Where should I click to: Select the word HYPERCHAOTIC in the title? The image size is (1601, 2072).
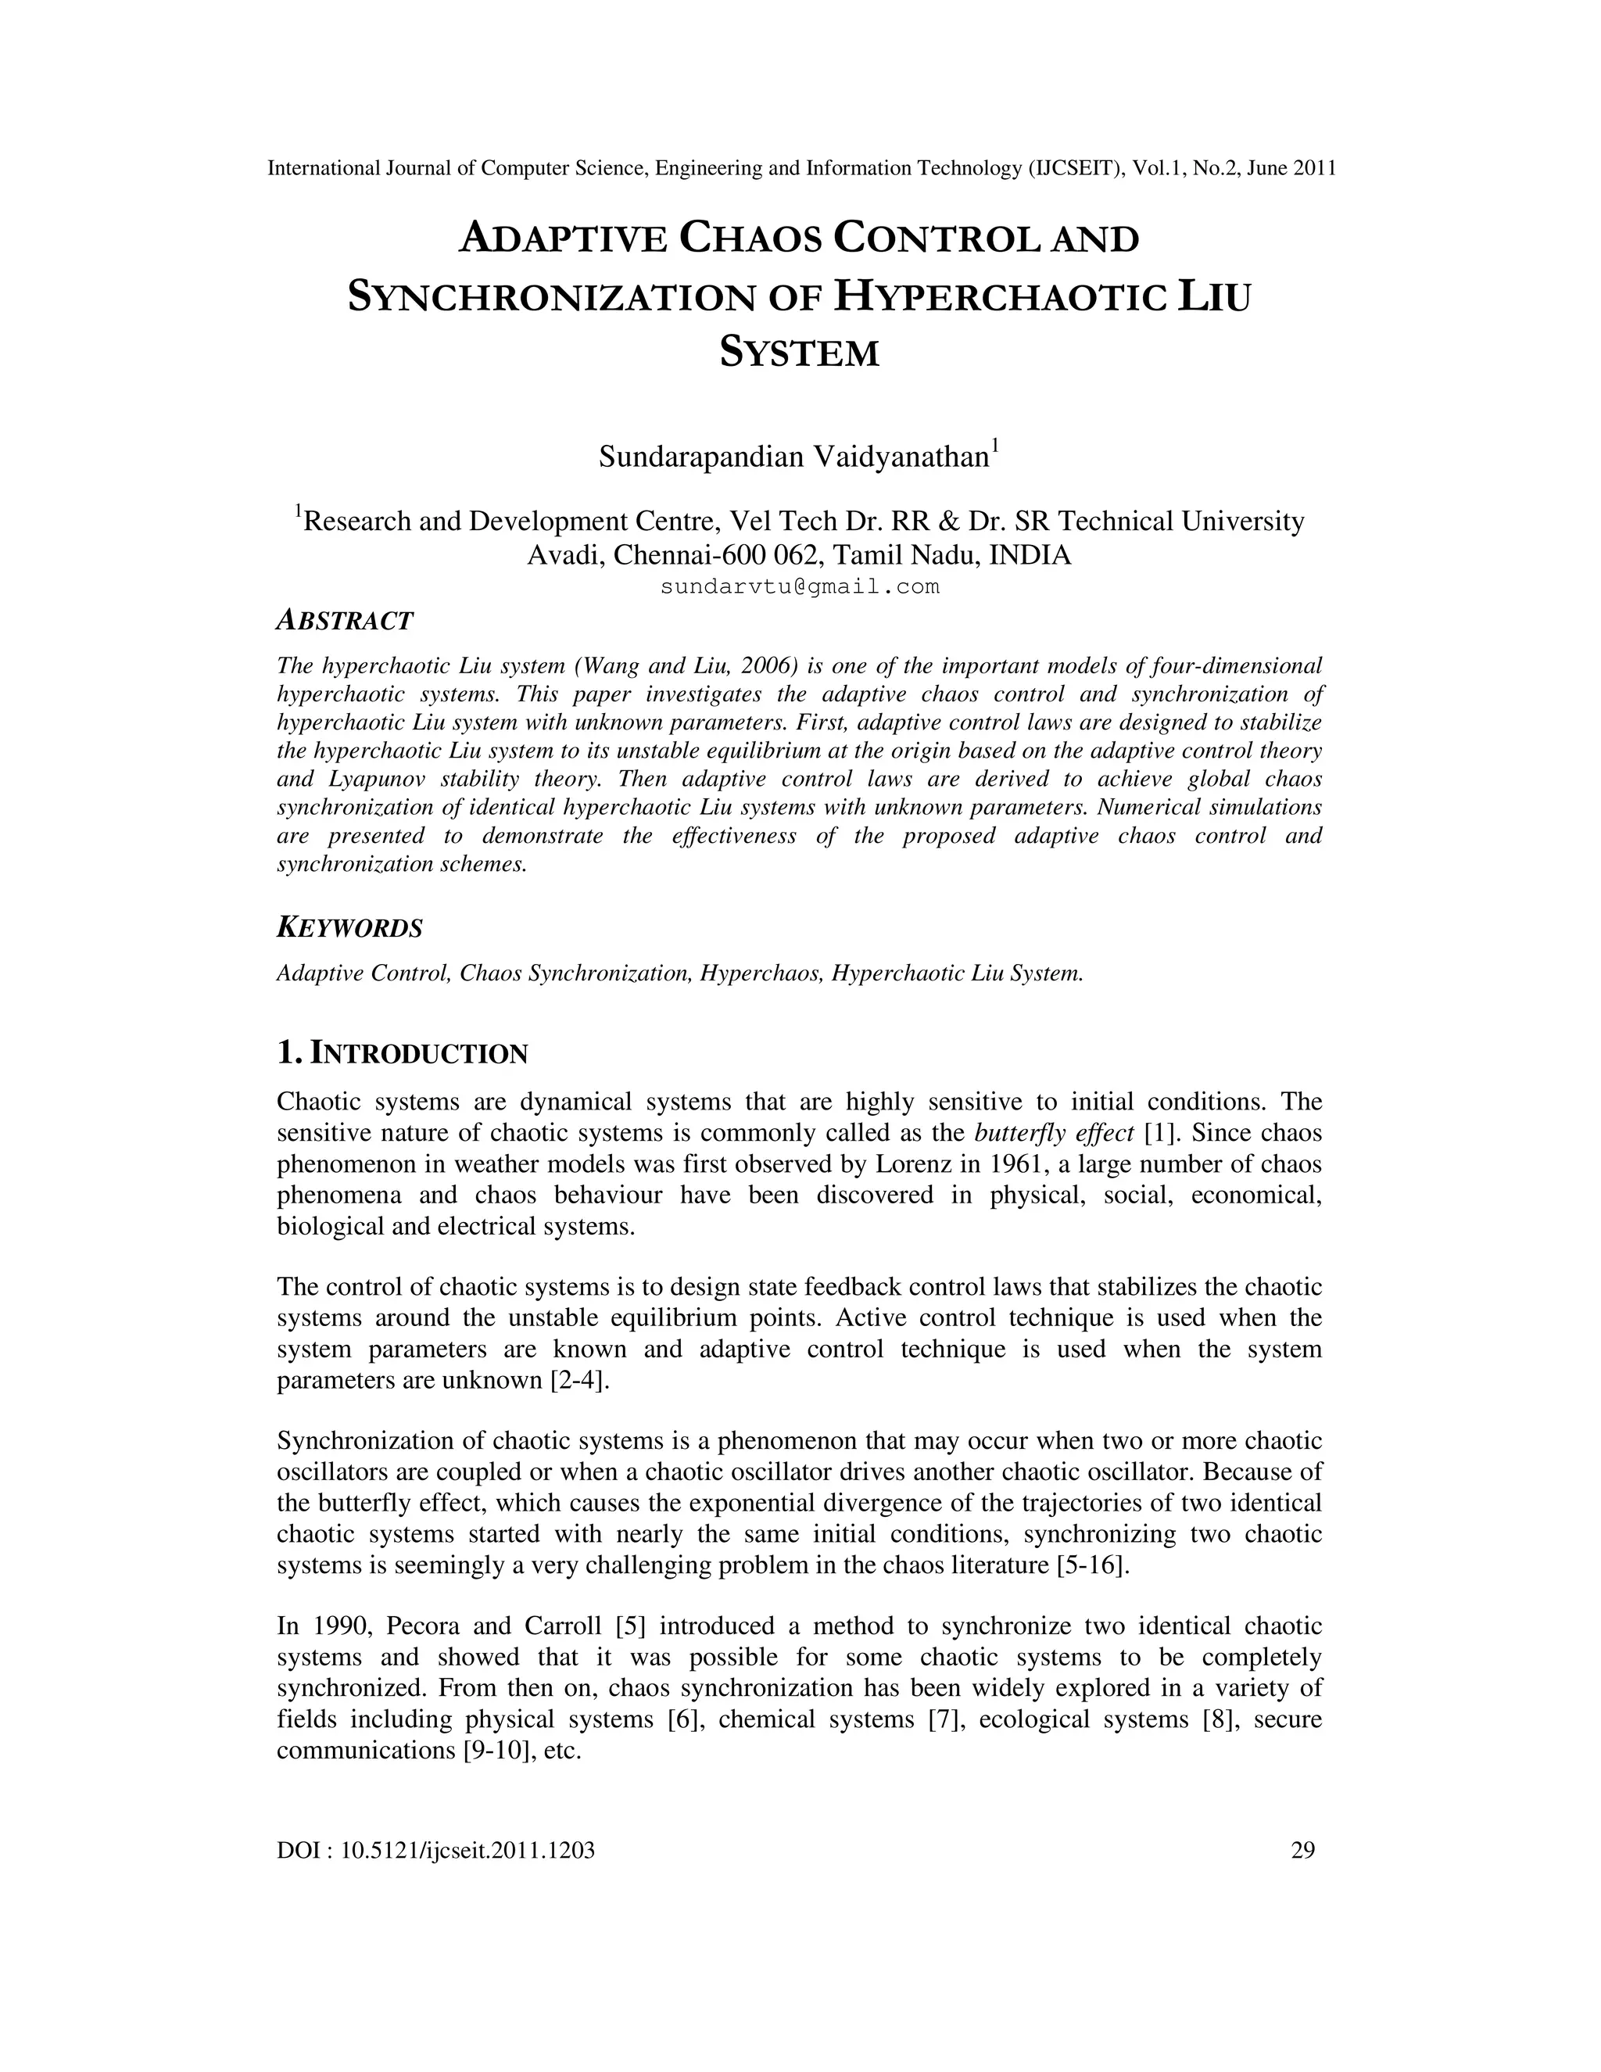pos(1000,296)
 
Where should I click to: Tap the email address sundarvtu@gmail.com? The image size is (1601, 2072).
pos(800,587)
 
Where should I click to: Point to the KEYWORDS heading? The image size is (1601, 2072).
pos(349,928)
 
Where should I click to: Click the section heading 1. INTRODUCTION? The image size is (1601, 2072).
pos(402,1053)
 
